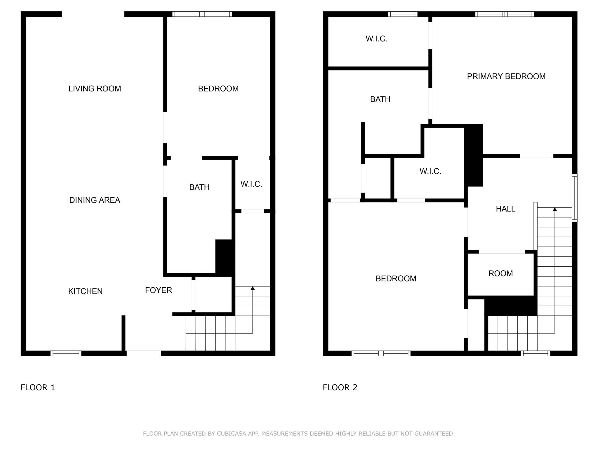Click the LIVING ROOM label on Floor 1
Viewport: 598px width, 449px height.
[95, 89]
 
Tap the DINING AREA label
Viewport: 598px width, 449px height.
[95, 200]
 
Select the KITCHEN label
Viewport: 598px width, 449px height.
[85, 291]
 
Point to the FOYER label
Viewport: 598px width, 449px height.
[159, 290]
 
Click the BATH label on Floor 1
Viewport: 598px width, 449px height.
[199, 187]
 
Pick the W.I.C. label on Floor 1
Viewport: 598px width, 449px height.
[251, 184]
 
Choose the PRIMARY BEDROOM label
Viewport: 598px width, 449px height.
[506, 77]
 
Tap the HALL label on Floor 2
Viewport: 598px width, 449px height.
[505, 209]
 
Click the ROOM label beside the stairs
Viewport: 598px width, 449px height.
[500, 274]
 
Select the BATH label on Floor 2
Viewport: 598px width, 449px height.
[380, 99]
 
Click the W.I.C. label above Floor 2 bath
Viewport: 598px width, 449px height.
[376, 39]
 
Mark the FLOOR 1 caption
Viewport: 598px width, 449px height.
[38, 388]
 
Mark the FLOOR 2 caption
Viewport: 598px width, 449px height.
[340, 388]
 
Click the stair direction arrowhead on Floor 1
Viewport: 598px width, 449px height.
[253, 289]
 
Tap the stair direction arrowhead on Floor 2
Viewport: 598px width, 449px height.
[554, 209]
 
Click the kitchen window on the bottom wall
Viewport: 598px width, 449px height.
[66, 353]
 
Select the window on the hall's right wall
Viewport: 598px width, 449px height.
[574, 198]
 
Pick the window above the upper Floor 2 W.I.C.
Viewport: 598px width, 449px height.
[403, 14]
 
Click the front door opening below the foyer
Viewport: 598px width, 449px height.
[144, 353]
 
